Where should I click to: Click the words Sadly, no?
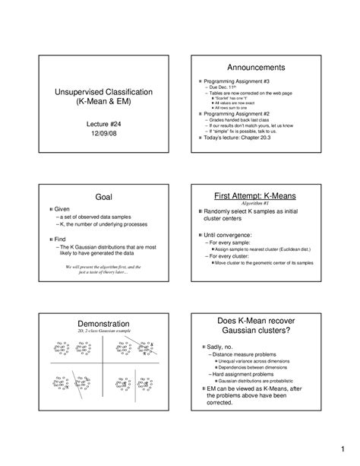click(x=221, y=346)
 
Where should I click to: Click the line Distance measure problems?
click(x=242, y=353)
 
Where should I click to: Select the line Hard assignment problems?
click(x=242, y=374)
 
